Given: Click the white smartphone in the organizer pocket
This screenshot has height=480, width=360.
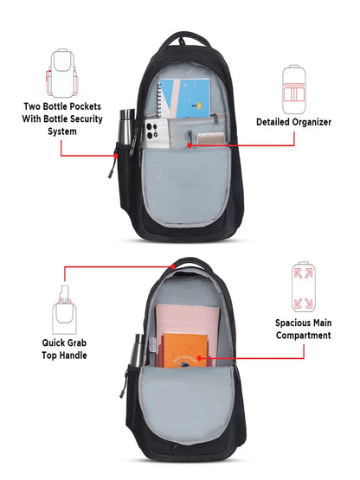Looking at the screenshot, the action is [x=157, y=133].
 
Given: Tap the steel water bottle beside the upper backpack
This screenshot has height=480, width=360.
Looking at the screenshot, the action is [x=126, y=126].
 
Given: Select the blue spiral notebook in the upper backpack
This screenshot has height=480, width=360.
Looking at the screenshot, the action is [x=183, y=99].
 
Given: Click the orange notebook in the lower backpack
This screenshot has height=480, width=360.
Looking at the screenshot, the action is [x=185, y=350].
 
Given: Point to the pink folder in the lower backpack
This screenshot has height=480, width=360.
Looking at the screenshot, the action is [x=188, y=328].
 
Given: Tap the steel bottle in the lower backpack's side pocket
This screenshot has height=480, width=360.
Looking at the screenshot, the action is [x=138, y=350].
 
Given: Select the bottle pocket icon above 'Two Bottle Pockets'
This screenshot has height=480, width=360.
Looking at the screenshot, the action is [x=62, y=73].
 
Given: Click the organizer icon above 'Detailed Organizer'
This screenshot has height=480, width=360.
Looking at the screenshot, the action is [x=294, y=89].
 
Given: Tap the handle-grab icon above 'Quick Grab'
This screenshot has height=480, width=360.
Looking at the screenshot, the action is [x=64, y=310].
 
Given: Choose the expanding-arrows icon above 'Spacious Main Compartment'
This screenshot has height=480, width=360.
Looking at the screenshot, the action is [x=303, y=286].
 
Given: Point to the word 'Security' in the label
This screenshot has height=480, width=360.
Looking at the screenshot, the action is [x=86, y=118].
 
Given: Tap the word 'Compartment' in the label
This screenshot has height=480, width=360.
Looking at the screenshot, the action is [x=304, y=336].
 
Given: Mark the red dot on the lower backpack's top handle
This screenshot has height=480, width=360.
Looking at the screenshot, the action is [x=173, y=266].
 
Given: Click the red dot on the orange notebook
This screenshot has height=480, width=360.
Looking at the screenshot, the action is [x=199, y=357].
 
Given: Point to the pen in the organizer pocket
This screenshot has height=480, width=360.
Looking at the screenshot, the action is [x=190, y=138].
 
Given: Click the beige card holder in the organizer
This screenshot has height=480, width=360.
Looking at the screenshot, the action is [x=210, y=138].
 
